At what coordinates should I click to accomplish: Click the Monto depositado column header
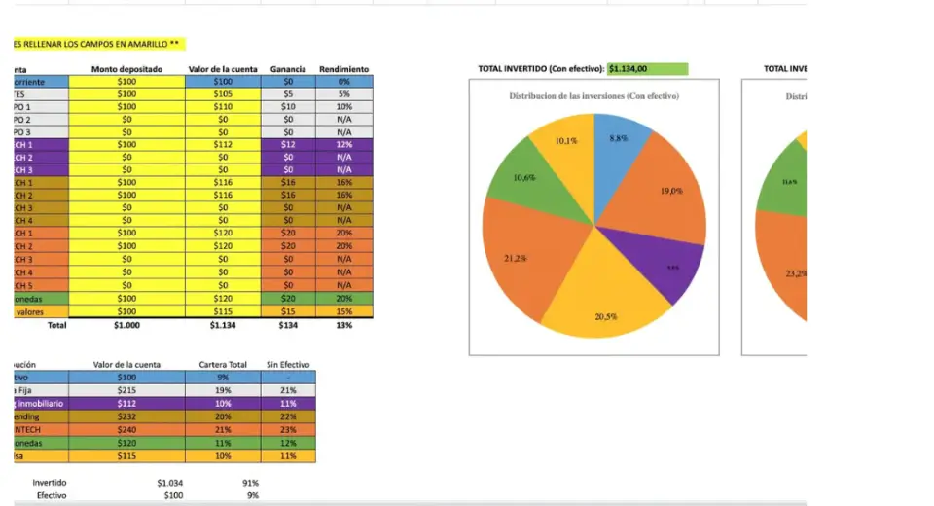(126, 69)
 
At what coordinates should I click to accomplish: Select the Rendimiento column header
(343, 69)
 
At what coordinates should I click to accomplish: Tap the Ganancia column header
(288, 69)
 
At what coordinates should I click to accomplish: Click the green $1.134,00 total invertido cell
(647, 69)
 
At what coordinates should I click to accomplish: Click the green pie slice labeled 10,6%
(521, 180)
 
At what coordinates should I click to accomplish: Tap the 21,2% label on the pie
(516, 258)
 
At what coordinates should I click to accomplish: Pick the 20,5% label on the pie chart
(605, 317)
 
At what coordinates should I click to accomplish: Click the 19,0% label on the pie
(671, 191)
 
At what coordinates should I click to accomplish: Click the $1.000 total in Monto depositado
(126, 325)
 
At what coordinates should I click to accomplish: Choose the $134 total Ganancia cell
(288, 325)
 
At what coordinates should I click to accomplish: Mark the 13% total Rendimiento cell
(343, 325)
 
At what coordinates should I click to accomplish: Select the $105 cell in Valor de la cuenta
(223, 94)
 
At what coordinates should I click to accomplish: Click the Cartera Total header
(223, 364)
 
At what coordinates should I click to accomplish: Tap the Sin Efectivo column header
(288, 364)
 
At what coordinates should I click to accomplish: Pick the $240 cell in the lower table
(126, 428)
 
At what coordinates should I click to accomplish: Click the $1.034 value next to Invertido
(169, 482)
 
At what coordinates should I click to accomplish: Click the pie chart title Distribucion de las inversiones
(593, 96)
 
